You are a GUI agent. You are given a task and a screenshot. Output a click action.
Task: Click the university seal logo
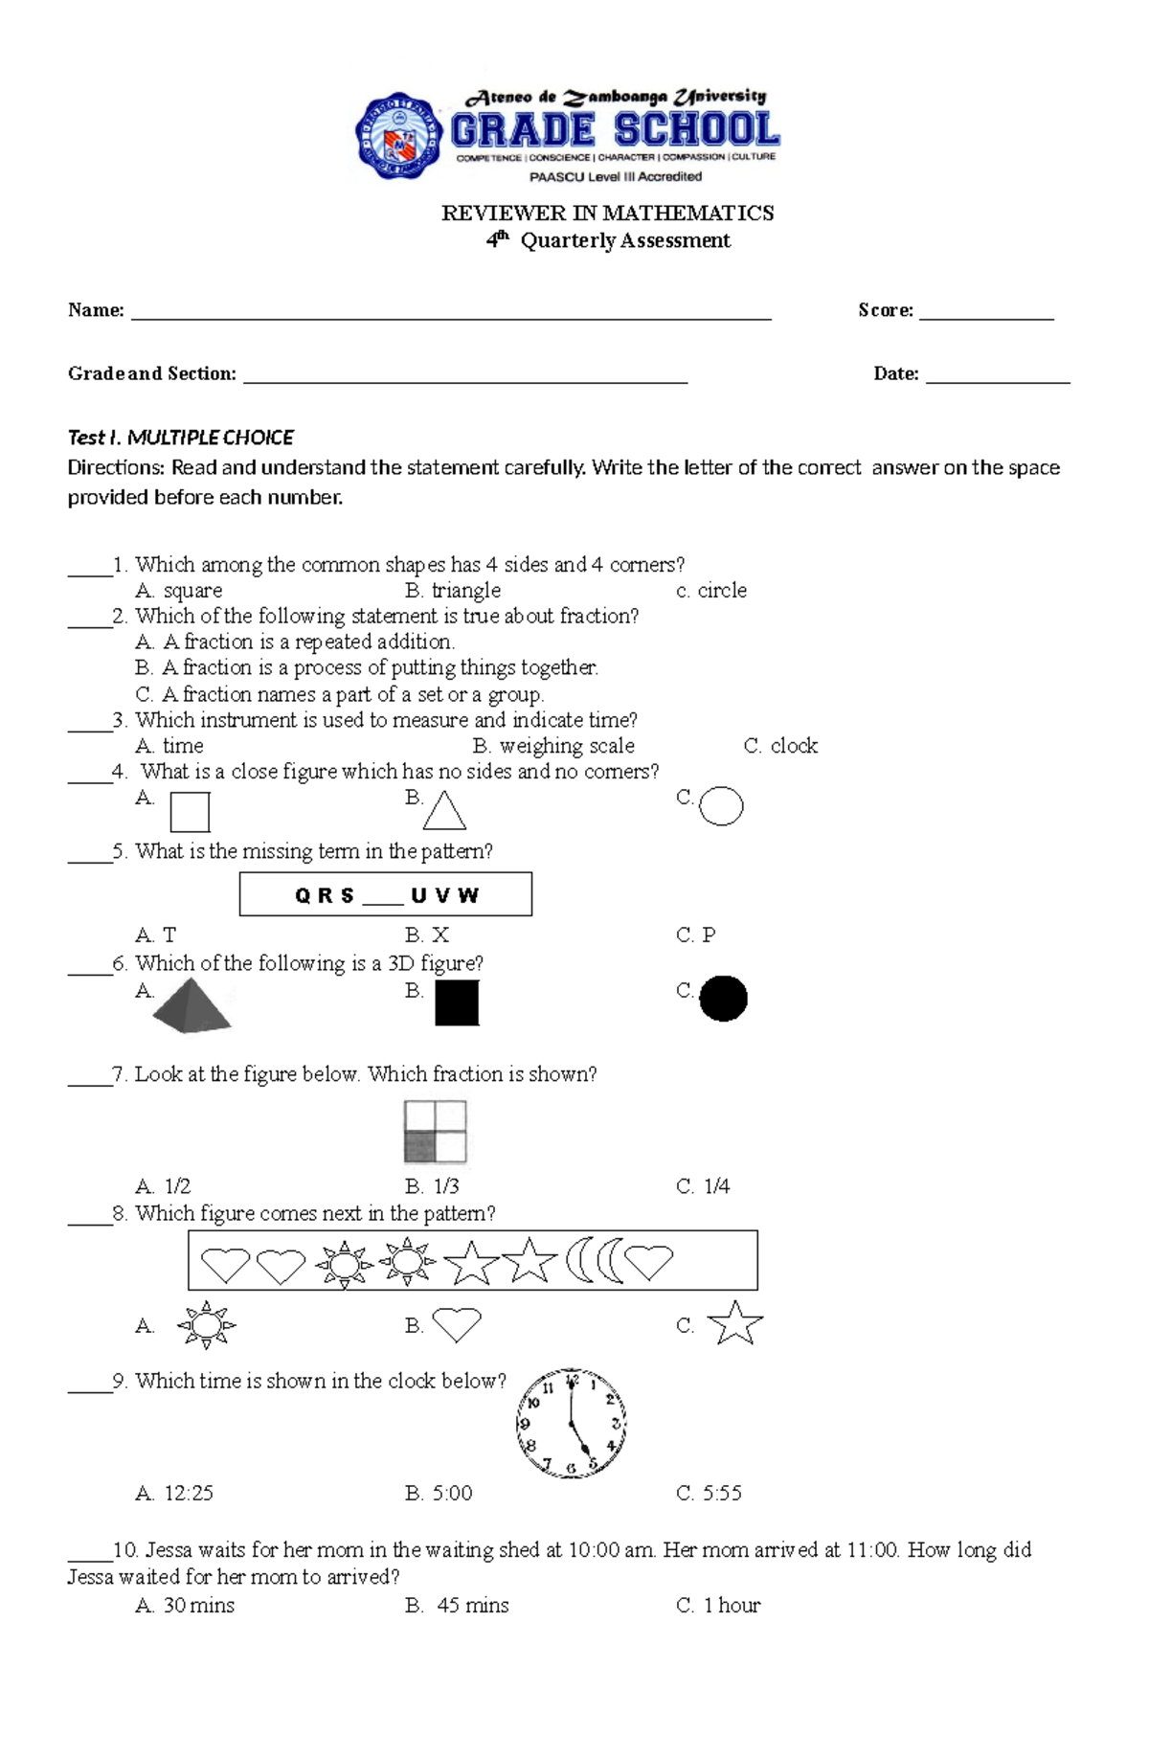[399, 136]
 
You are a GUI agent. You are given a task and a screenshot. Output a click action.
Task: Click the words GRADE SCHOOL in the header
[615, 130]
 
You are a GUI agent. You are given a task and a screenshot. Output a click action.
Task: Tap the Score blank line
[986, 316]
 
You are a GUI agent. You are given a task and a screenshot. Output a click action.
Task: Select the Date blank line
[998, 380]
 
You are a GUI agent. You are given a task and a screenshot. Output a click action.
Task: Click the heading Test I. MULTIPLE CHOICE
[180, 438]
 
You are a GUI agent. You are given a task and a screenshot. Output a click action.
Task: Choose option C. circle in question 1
[711, 591]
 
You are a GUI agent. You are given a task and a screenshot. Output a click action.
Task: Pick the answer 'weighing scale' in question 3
[566, 746]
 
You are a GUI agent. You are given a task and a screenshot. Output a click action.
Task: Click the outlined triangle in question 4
[444, 812]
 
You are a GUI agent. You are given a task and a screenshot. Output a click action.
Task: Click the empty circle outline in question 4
[721, 806]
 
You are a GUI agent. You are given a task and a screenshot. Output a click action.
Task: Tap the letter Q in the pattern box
[303, 896]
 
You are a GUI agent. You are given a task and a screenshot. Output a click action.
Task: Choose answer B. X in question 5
[427, 935]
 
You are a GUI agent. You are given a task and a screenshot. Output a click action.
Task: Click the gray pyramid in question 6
[192, 1007]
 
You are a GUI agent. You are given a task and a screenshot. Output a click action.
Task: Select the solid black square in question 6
[457, 1003]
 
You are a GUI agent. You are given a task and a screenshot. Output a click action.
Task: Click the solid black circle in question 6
[723, 999]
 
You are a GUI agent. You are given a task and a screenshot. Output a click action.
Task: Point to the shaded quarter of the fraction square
[419, 1147]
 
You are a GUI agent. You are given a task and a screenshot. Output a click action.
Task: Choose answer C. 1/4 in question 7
[704, 1186]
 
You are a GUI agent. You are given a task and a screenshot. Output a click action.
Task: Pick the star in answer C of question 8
[734, 1324]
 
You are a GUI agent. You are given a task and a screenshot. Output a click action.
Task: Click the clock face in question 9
[572, 1423]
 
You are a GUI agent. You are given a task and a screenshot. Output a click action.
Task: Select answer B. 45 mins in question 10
[458, 1606]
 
